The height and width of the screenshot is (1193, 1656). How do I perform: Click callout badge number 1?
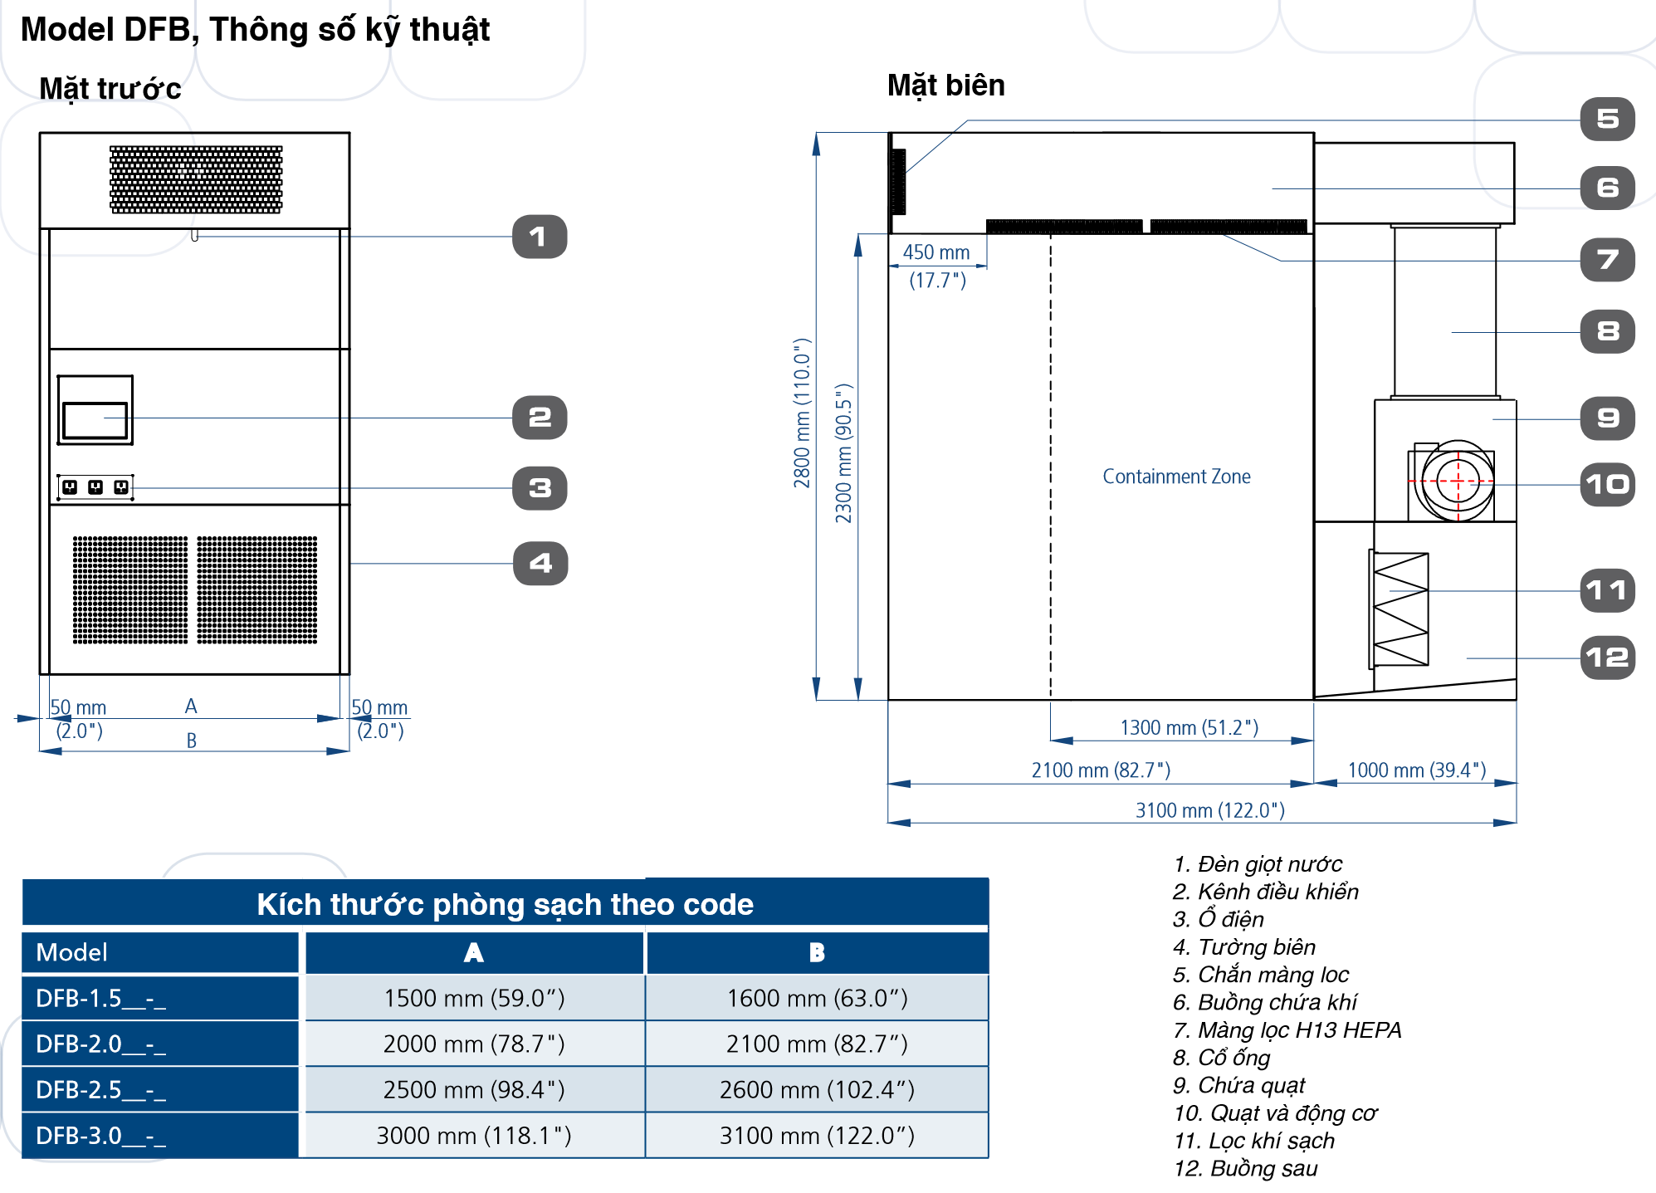(540, 237)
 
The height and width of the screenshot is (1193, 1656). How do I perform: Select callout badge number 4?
(540, 564)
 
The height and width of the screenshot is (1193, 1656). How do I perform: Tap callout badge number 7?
(1607, 260)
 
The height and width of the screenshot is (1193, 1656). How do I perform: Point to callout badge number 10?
(1607, 485)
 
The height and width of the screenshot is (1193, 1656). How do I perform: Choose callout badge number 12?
(1607, 658)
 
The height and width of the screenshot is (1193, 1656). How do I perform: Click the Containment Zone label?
(1176, 477)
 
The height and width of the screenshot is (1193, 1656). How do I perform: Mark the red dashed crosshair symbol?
(1458, 482)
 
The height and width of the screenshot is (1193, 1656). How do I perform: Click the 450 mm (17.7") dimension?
(937, 265)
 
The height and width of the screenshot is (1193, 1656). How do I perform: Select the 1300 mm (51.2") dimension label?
(1189, 728)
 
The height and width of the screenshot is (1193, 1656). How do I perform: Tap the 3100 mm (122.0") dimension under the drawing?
(1209, 810)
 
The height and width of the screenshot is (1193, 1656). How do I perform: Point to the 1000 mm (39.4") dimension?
(1416, 770)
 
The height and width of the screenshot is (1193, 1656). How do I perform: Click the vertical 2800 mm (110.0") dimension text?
(801, 413)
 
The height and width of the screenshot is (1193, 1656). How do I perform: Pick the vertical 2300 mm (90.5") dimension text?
(843, 453)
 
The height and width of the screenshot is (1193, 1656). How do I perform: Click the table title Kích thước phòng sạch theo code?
(505, 904)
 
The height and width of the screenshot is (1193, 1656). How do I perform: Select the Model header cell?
(72, 952)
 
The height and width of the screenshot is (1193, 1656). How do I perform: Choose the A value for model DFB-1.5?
(474, 998)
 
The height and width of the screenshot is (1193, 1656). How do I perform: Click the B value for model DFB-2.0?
(817, 1044)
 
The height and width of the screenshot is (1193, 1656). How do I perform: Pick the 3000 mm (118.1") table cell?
(474, 1135)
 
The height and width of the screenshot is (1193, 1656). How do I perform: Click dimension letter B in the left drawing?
(192, 741)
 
